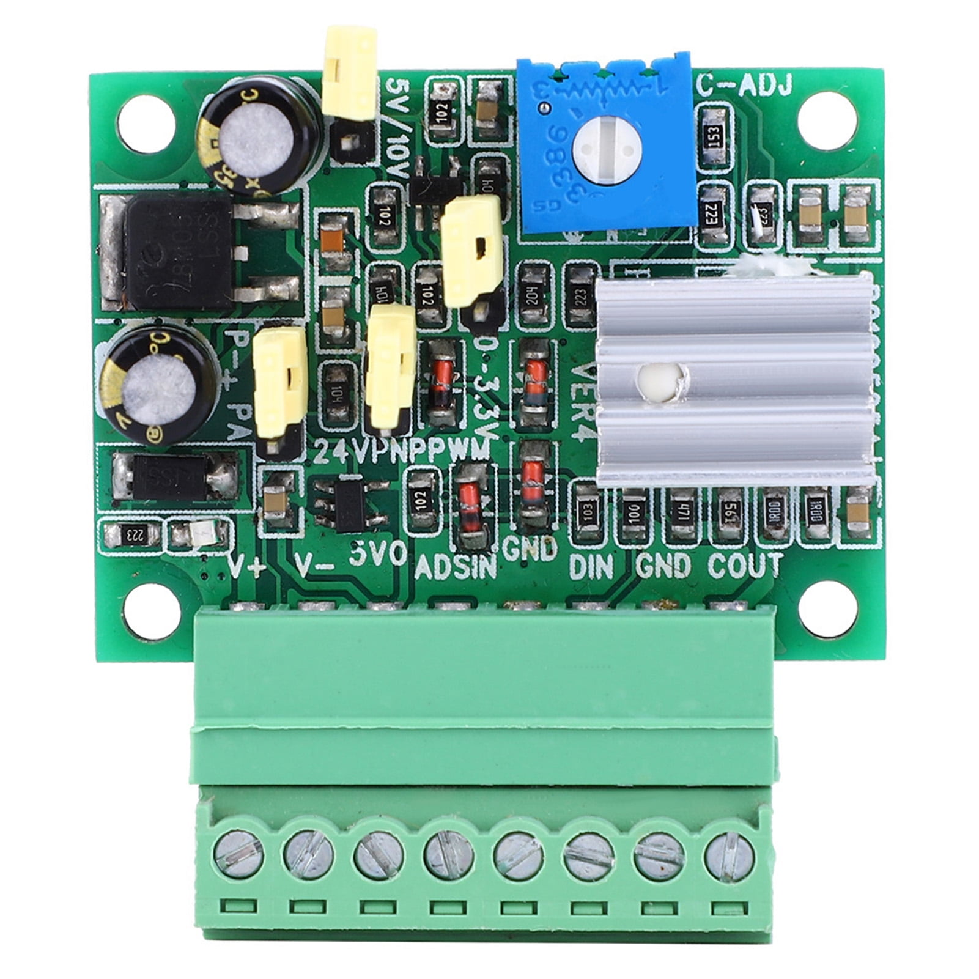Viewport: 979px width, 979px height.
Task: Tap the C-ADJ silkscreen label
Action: pyautogui.click(x=744, y=85)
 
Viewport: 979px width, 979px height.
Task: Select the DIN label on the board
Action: pyautogui.click(x=590, y=566)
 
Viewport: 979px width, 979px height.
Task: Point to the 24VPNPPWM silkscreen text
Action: pyautogui.click(x=404, y=451)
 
